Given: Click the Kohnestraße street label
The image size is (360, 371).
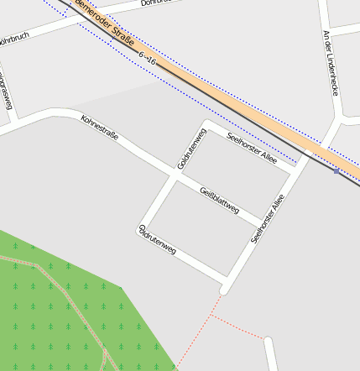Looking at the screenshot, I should click(x=99, y=128).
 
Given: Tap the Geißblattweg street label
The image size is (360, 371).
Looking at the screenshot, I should click(x=220, y=200).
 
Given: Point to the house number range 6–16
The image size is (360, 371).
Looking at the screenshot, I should click(x=149, y=58).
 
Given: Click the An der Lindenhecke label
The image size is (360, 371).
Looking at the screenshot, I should click(x=330, y=63).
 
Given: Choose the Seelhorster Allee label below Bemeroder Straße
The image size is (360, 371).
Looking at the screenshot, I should click(x=252, y=145).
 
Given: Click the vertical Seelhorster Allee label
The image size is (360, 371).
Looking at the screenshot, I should click(x=268, y=219).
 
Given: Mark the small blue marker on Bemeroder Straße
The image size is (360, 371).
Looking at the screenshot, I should click(x=337, y=171).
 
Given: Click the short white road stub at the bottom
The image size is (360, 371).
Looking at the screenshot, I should click(x=270, y=354).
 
